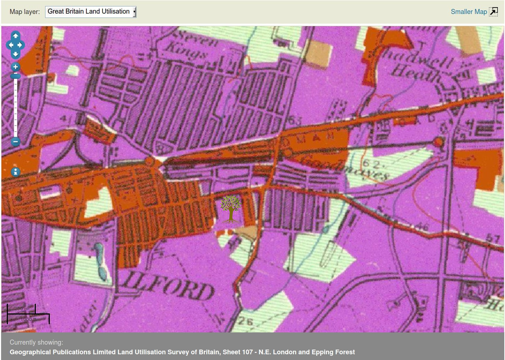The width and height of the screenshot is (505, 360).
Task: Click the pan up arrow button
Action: [x=15, y=36]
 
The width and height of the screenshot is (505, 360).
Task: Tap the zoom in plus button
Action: [x=15, y=67]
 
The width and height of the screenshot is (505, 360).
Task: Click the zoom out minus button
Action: [x=15, y=141]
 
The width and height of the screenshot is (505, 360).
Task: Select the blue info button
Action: [x=15, y=172]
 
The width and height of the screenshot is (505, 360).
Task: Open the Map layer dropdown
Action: [x=91, y=12]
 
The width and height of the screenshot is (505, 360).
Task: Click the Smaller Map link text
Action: [x=468, y=12]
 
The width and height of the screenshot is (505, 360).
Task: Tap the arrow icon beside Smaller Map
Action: [x=494, y=12]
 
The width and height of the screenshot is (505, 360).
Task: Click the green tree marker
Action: [x=230, y=209]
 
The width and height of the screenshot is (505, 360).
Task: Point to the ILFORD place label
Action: [x=168, y=286]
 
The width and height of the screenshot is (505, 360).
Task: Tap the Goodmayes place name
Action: [x=344, y=167]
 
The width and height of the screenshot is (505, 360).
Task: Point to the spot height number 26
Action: [x=246, y=321]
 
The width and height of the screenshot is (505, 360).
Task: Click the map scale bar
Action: [x=28, y=314]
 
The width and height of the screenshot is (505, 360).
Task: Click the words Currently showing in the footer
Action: [x=36, y=342]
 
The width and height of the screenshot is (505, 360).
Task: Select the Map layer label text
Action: [x=24, y=12]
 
